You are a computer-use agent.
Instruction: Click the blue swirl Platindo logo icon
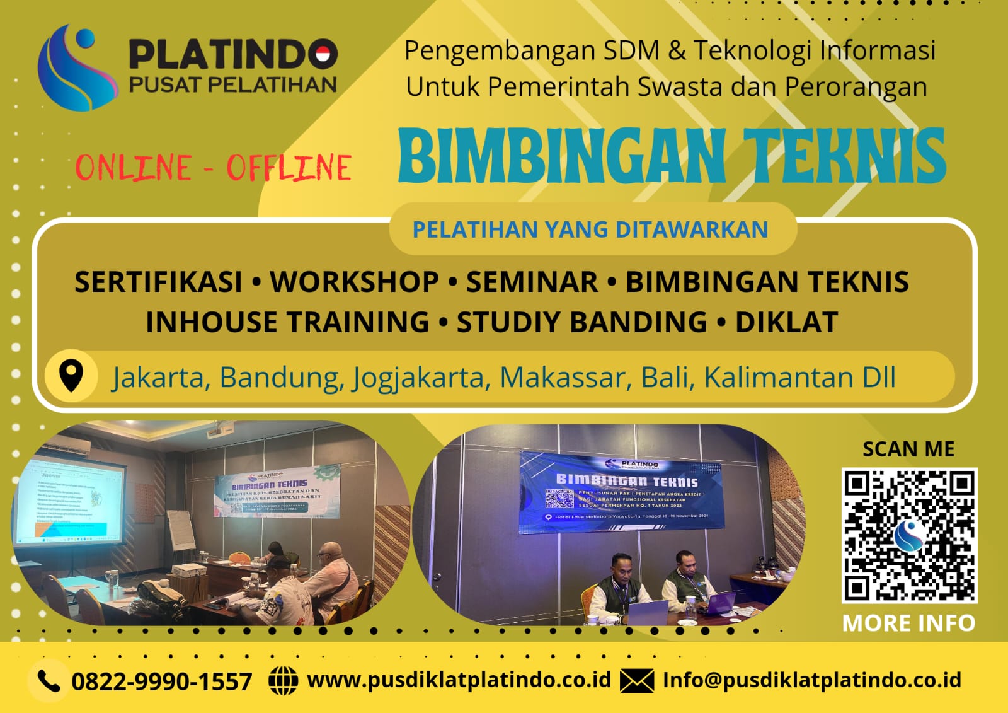click(x=76, y=67)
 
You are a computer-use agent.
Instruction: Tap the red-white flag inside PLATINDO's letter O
click(x=323, y=55)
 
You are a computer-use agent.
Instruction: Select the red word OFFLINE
click(x=289, y=168)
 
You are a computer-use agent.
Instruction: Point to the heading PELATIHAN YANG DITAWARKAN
click(x=590, y=229)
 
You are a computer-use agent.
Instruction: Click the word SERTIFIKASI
click(x=158, y=282)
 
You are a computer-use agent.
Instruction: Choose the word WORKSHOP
click(x=354, y=282)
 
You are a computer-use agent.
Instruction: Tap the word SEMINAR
click(x=532, y=282)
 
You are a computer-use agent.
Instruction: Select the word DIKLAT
click(x=786, y=322)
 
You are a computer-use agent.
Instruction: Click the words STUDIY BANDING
click(x=581, y=322)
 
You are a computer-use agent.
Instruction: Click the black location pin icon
click(x=71, y=376)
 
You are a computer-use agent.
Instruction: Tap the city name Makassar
click(x=563, y=378)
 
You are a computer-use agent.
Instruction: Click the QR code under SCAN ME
click(x=909, y=535)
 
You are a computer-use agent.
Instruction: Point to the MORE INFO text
click(x=908, y=623)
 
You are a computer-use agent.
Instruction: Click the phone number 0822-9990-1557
click(x=162, y=681)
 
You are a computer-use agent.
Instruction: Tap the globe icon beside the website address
click(x=283, y=681)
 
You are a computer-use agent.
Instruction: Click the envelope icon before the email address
click(x=636, y=681)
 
